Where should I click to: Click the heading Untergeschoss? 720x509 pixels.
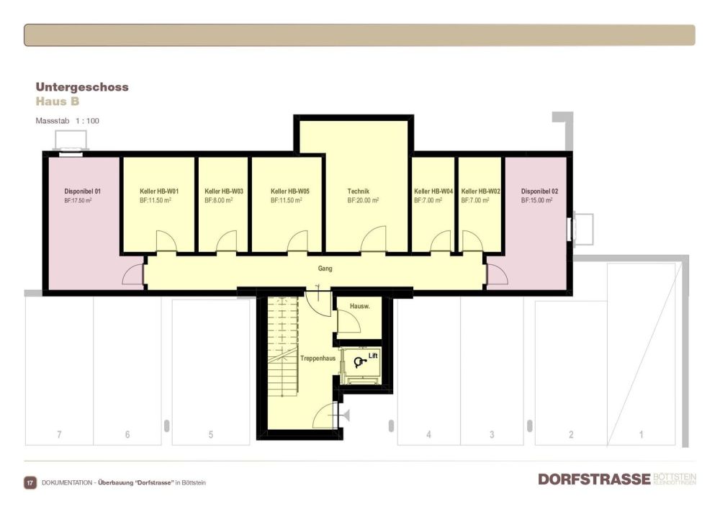[82, 87]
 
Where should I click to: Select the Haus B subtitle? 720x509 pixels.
[58, 102]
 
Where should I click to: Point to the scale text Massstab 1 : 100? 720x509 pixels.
[67, 121]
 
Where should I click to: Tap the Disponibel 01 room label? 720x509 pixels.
[83, 192]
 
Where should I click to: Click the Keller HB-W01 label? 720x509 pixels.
[159, 192]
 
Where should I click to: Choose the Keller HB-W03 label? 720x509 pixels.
[223, 192]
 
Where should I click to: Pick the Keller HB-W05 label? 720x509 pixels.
[290, 192]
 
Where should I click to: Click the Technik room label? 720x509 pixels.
[358, 192]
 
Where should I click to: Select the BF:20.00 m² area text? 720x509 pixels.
[363, 202]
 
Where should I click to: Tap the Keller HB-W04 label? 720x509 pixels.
[433, 192]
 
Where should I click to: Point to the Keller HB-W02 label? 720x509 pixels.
[480, 192]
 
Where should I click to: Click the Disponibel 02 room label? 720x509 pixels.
[539, 192]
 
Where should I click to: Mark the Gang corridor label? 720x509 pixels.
[325, 269]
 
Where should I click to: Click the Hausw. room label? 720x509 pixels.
[359, 307]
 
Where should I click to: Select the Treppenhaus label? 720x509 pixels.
[318, 358]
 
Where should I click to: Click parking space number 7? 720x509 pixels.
[59, 435]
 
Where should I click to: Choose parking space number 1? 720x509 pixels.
[642, 435]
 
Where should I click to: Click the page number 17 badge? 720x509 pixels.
[30, 482]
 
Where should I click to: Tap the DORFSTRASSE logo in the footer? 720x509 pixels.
[594, 479]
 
